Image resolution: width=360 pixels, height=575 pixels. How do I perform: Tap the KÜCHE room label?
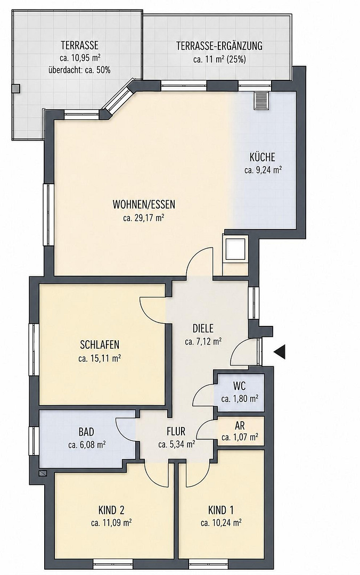(263, 157)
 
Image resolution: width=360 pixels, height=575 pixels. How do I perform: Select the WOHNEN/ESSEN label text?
(144, 204)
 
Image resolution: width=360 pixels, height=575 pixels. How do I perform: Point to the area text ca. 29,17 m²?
(143, 218)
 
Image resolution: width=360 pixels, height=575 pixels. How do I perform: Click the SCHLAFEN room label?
(100, 344)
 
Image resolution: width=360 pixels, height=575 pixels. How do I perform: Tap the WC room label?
(239, 386)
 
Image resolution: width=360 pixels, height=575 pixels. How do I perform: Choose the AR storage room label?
(240, 425)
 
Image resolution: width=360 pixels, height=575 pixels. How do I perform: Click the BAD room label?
(86, 432)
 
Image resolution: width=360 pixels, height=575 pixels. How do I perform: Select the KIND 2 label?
(111, 510)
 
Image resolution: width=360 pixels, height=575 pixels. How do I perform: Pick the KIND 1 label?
(221, 510)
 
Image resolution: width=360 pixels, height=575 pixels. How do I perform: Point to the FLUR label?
(176, 431)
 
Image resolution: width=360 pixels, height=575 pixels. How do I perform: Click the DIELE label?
(203, 328)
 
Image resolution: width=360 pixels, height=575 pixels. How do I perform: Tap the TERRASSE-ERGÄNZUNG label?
(219, 46)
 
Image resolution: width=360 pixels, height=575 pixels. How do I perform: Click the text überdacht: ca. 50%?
(79, 70)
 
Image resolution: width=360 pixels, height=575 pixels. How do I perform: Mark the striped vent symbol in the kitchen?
(261, 100)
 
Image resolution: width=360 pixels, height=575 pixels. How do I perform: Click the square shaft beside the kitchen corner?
(235, 249)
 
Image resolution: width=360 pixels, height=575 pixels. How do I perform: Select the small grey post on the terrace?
(16, 88)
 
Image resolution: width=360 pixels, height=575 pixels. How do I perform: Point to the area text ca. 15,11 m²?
(100, 358)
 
